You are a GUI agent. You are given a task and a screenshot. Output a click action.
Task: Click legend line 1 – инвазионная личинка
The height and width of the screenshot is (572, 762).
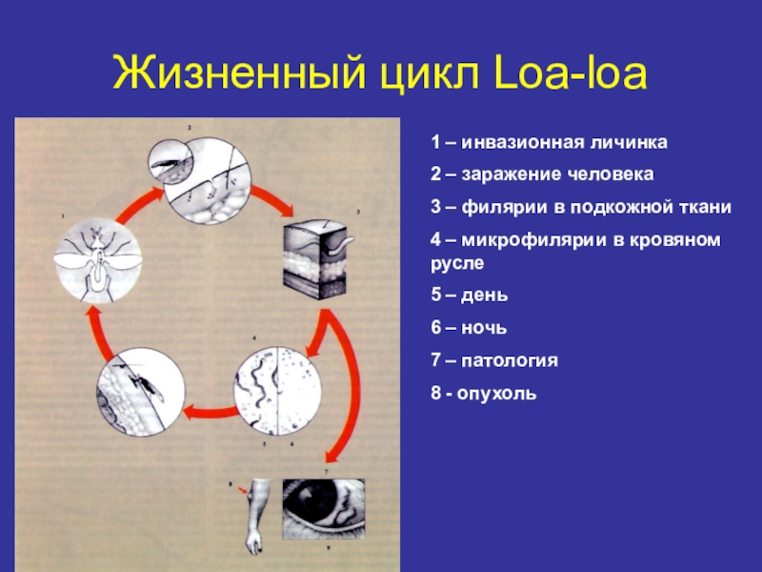pyautogui.click(x=548, y=143)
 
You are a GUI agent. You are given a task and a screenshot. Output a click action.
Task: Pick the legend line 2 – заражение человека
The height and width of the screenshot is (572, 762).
pyautogui.click(x=542, y=175)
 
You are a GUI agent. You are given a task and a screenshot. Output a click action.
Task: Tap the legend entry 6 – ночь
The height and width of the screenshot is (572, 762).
pyautogui.click(x=468, y=328)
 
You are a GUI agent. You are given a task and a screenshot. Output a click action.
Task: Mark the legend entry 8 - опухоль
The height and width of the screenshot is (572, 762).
pyautogui.click(x=483, y=392)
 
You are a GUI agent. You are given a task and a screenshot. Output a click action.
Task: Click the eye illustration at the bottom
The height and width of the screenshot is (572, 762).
pyautogui.click(x=322, y=511)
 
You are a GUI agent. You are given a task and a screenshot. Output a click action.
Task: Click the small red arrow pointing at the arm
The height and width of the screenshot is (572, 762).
pyautogui.click(x=245, y=489)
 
